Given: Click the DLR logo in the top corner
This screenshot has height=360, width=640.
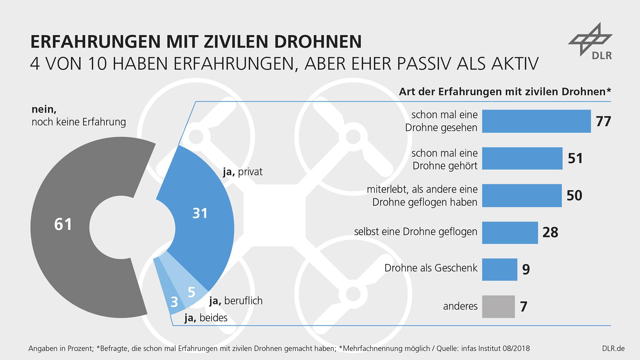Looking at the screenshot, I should pyautogui.click(x=590, y=42).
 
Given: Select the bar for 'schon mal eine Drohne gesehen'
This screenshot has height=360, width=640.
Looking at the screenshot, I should pyautogui.click(x=536, y=121).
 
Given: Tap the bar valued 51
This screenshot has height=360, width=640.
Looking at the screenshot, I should pyautogui.click(x=522, y=158).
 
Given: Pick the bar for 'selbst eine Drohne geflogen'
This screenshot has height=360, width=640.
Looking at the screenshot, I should pyautogui.click(x=510, y=232).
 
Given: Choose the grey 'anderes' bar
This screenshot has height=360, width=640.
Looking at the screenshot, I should pyautogui.click(x=498, y=306).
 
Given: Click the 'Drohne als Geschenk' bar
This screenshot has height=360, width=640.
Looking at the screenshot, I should pyautogui.click(x=500, y=269).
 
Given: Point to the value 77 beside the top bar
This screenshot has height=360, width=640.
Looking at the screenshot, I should pyautogui.click(x=603, y=121).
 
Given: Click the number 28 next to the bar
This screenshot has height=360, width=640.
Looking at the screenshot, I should pyautogui.click(x=550, y=232).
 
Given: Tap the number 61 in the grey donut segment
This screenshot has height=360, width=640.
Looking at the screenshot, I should pyautogui.click(x=63, y=224).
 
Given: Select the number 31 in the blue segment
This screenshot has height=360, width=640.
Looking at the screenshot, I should pyautogui.click(x=200, y=213).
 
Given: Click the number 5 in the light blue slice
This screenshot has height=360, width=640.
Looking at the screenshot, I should pyautogui.click(x=191, y=292).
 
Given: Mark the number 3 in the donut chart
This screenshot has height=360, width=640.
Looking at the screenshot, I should pyautogui.click(x=174, y=302).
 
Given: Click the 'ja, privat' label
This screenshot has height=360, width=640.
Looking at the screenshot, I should pyautogui.click(x=243, y=172).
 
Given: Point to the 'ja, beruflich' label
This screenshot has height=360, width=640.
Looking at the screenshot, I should pyautogui.click(x=236, y=301).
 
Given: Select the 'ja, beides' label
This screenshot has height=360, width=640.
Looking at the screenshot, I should pyautogui.click(x=206, y=318).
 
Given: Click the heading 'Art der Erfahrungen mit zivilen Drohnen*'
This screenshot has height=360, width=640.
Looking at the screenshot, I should pyautogui.click(x=505, y=92).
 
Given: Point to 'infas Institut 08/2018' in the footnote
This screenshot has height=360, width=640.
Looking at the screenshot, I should pyautogui.click(x=495, y=349).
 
